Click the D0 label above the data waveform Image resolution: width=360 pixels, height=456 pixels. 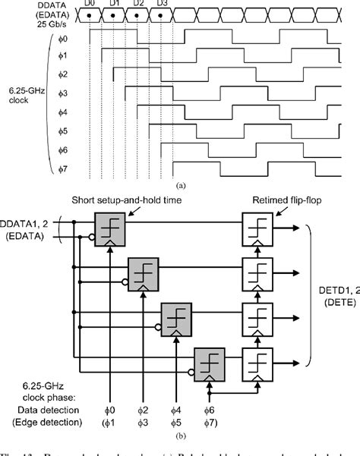click(x=89, y=4)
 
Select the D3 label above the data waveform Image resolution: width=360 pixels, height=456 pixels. click(x=161, y=4)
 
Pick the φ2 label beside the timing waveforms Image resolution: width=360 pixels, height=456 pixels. click(x=64, y=74)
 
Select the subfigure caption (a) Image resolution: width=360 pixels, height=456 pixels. click(x=180, y=184)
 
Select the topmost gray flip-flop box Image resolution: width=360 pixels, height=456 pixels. click(x=110, y=228)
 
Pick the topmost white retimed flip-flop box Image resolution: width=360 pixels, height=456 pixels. click(x=256, y=228)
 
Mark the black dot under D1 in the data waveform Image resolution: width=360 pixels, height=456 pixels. click(x=112, y=16)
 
